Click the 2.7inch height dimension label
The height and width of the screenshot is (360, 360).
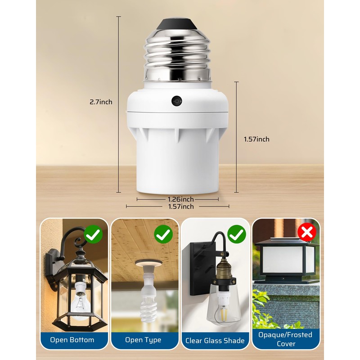[101, 102]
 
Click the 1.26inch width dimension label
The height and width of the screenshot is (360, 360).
[181, 199]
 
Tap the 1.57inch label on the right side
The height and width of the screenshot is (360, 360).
[256, 139]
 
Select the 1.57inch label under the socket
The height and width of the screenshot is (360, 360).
[181, 207]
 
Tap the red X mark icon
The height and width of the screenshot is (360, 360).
[308, 232]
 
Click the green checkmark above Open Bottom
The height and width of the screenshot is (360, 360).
[93, 234]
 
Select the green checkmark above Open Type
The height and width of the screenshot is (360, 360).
[163, 234]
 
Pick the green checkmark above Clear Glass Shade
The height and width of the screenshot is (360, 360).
[236, 234]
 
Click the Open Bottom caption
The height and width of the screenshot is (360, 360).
[72, 340]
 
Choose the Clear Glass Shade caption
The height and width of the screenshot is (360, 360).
[215, 340]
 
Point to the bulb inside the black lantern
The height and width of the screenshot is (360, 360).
[80, 304]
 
